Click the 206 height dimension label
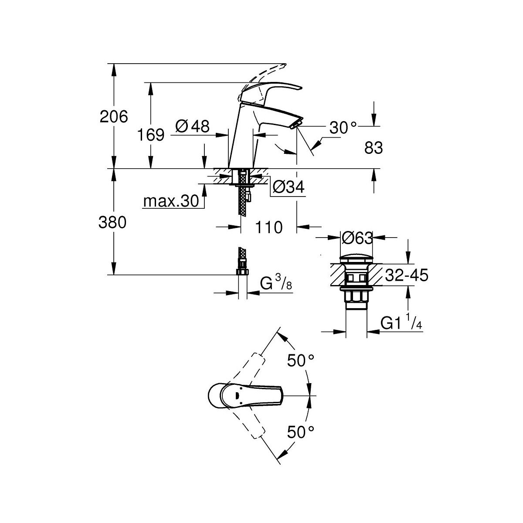pyautogui.click(x=114, y=117)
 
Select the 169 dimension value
pyautogui.click(x=151, y=135)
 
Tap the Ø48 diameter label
pyautogui.click(x=193, y=126)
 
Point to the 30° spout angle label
pyautogui.click(x=343, y=128)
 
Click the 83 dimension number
pyautogui.click(x=374, y=148)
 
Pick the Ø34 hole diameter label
pyautogui.click(x=289, y=187)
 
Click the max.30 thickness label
pyautogui.click(x=171, y=201)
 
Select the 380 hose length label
pyautogui.click(x=112, y=223)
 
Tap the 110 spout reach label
pyautogui.click(x=269, y=228)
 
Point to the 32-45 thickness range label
pyautogui.click(x=407, y=275)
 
